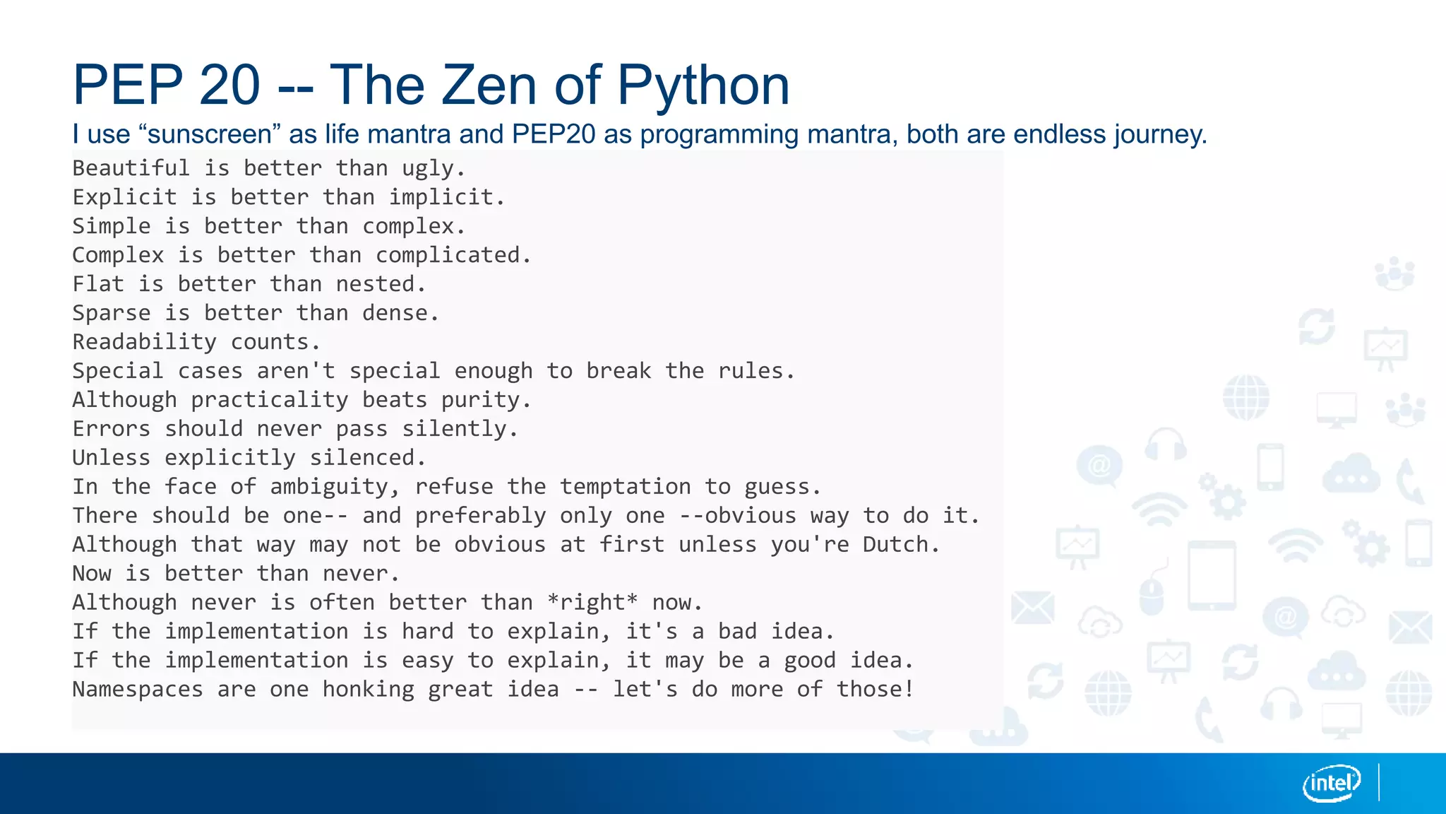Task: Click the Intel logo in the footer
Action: tap(1331, 783)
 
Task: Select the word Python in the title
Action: tap(703, 85)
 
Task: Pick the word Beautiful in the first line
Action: tap(131, 168)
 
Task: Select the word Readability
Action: tap(144, 342)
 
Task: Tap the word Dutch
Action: tap(901, 545)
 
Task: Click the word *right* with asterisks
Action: tap(592, 603)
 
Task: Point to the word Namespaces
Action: tap(137, 690)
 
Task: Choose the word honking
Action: tap(369, 690)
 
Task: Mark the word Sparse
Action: tap(111, 313)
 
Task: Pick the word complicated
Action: tap(453, 255)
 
